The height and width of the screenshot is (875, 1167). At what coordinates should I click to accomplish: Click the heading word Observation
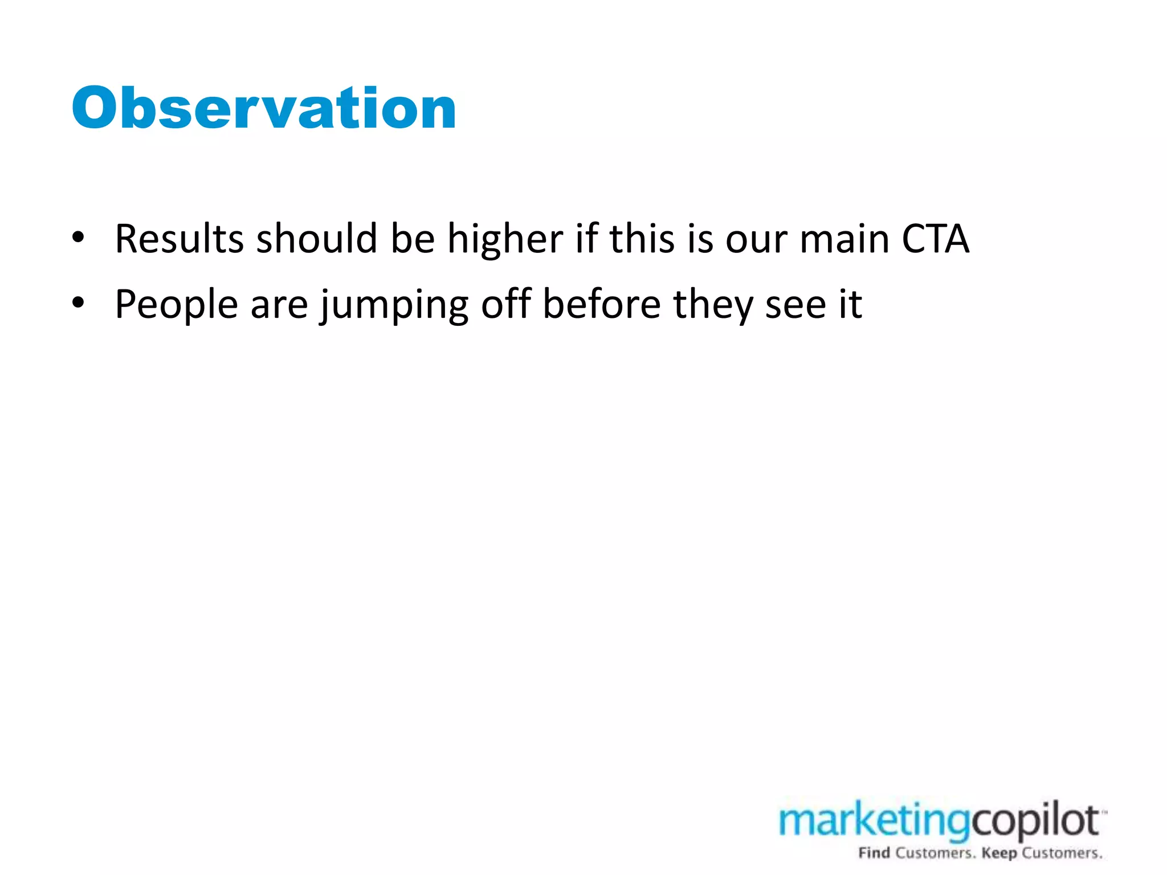[x=264, y=108]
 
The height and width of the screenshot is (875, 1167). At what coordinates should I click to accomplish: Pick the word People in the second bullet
[x=176, y=304]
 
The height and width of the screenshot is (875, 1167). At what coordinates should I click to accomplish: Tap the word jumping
[x=394, y=304]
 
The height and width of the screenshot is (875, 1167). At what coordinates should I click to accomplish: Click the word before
[x=601, y=304]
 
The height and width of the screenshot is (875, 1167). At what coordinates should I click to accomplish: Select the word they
[x=713, y=304]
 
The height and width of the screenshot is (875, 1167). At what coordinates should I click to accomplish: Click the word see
[x=795, y=304]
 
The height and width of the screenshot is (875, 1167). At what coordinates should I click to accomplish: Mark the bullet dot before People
[x=79, y=302]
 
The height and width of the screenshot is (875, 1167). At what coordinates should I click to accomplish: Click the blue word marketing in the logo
[x=875, y=822]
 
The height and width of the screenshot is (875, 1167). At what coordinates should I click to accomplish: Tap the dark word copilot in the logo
[x=1035, y=821]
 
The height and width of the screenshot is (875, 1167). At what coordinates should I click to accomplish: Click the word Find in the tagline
[x=874, y=853]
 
